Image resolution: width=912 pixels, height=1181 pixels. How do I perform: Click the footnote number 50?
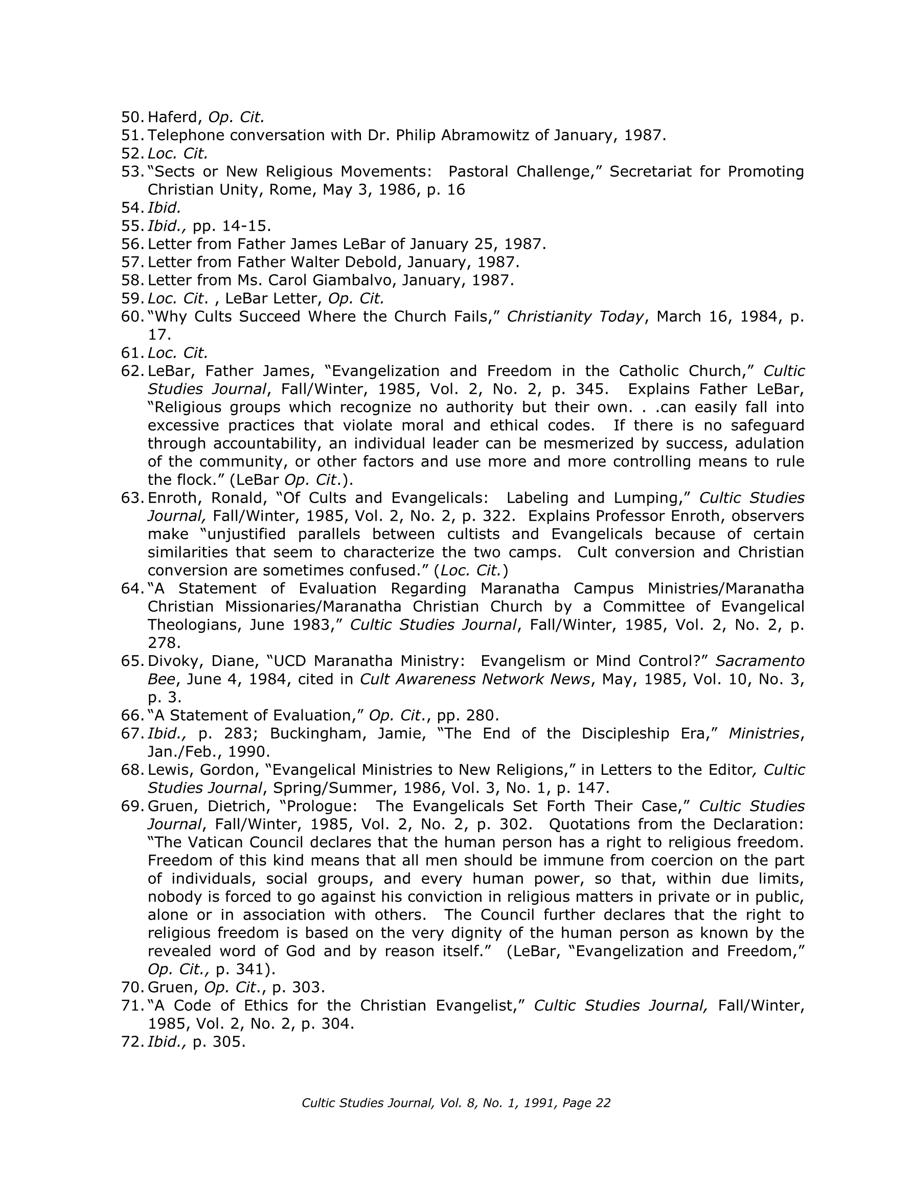[132, 117]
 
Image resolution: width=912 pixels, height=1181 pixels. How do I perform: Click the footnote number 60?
[132, 316]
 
